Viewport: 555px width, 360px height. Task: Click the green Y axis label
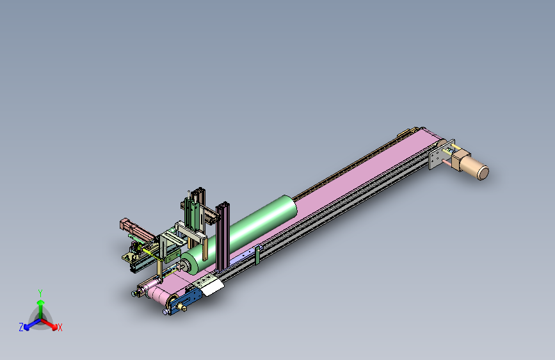pyautogui.click(x=40, y=293)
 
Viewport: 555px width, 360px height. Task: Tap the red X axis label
pyautogui.click(x=60, y=327)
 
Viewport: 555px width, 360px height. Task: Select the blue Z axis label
pyautogui.click(x=21, y=327)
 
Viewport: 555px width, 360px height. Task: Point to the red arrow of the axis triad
pyautogui.click(x=49, y=324)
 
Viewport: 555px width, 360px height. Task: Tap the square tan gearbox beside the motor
pyautogui.click(x=460, y=160)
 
